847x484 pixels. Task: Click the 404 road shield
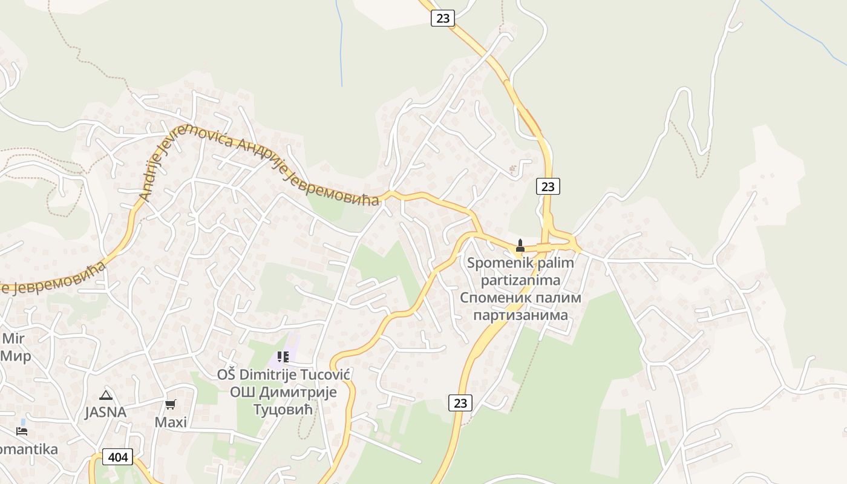click(x=117, y=457)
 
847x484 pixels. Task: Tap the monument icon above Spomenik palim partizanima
click(x=520, y=246)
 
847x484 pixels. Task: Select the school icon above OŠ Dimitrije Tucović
click(x=283, y=357)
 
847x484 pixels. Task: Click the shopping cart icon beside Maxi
click(x=171, y=404)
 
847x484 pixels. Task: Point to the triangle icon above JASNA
click(x=106, y=396)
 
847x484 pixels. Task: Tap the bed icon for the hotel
click(x=22, y=431)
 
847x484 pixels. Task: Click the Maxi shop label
click(x=171, y=422)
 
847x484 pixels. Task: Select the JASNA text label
click(x=106, y=413)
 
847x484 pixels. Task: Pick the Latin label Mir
click(x=13, y=338)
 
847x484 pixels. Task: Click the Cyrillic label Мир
click(x=16, y=355)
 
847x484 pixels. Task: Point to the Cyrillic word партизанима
click(x=520, y=315)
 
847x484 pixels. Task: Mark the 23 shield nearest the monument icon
click(x=548, y=186)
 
